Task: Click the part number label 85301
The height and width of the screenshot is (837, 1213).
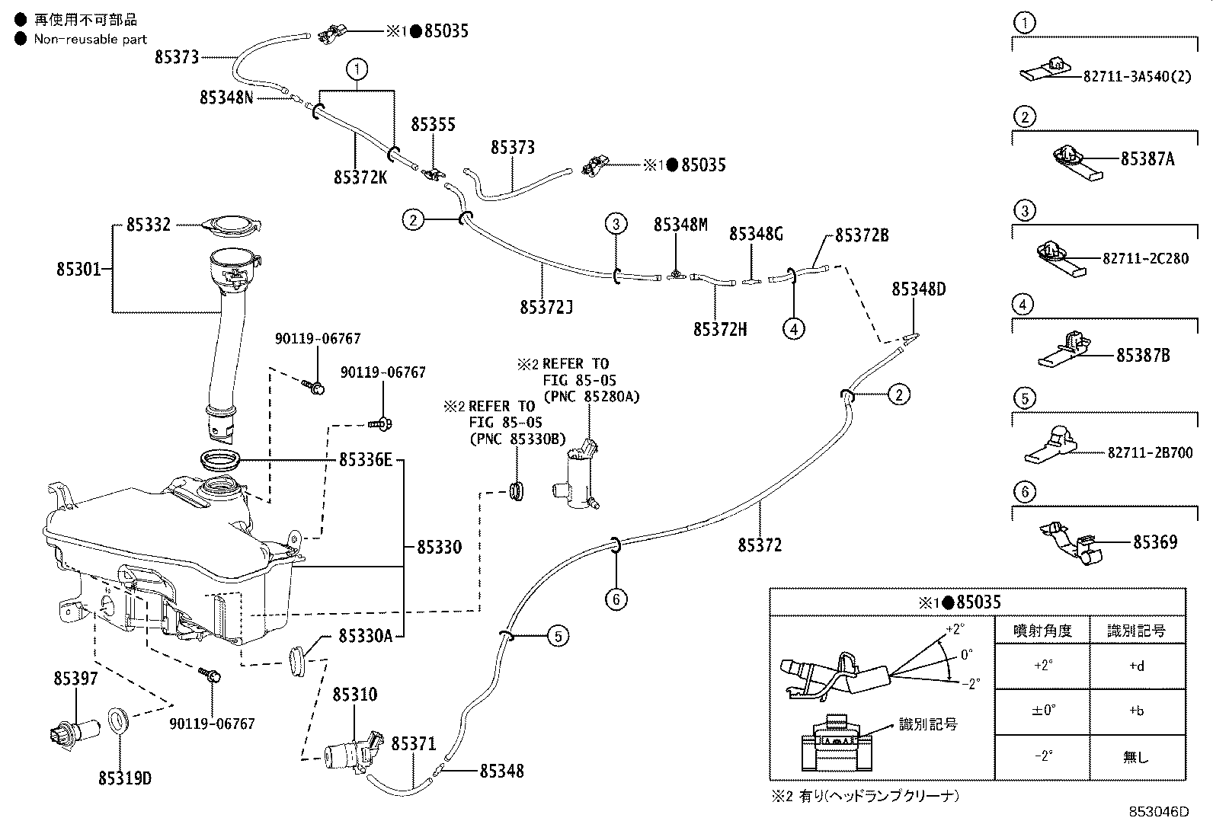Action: click(78, 269)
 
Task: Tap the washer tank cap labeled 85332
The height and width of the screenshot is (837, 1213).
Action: click(231, 226)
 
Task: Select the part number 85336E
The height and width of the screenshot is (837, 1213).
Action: click(366, 460)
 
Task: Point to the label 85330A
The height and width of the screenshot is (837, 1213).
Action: click(366, 636)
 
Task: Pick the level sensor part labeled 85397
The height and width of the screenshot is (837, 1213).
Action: click(74, 731)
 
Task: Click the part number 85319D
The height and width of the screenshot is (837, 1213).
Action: click(124, 778)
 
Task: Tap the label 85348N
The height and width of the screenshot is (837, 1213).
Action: click(226, 97)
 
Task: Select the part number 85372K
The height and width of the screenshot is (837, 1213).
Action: click(360, 177)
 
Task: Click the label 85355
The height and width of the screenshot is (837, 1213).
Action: click(433, 124)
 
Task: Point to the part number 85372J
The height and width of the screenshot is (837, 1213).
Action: click(546, 308)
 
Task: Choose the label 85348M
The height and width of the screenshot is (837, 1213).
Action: click(680, 225)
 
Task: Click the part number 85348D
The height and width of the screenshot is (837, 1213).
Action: click(918, 289)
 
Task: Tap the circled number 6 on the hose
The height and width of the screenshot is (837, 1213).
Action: click(616, 599)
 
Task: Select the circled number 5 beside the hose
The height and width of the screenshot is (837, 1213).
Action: click(558, 636)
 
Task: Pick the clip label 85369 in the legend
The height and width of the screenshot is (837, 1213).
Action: click(1155, 542)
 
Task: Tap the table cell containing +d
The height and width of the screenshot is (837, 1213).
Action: click(1137, 666)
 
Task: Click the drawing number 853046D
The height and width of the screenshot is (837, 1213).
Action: click(1159, 812)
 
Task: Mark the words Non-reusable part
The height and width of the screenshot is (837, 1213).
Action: click(91, 39)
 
